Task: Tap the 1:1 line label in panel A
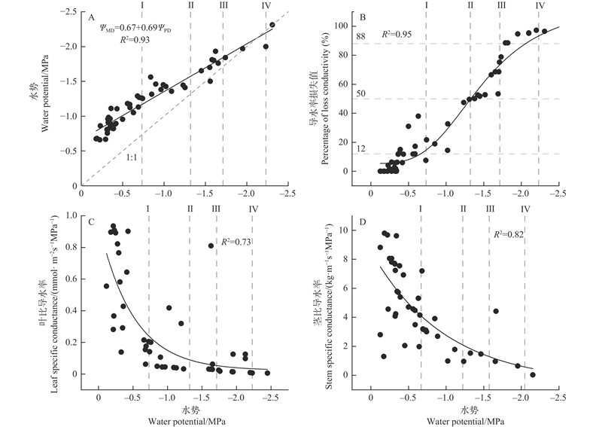[x=131, y=158]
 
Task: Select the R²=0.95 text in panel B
[x=400, y=34]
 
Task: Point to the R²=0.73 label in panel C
[x=235, y=242]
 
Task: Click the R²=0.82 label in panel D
[x=509, y=235]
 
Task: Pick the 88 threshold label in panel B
[x=360, y=36]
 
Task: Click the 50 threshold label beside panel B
[x=360, y=93]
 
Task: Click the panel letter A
[x=91, y=16]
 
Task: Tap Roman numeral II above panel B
[x=471, y=5]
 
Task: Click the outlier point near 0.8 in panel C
[x=211, y=246]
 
